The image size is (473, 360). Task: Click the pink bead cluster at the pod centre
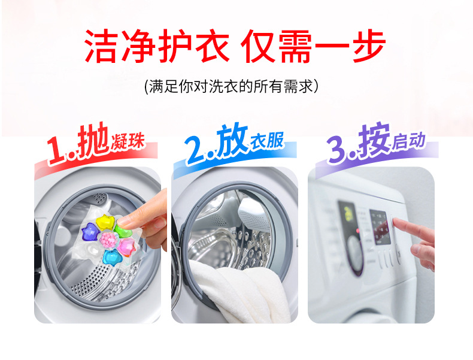tap(108, 240)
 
